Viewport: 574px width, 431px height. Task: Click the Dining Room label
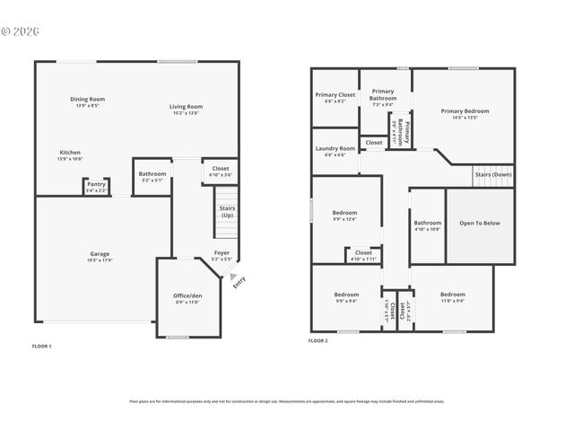[x=88, y=99]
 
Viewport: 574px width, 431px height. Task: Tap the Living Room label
[x=186, y=107]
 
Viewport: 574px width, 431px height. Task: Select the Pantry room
[x=96, y=186]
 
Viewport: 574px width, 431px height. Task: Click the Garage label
[x=100, y=253]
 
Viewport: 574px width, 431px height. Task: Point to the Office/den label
[x=187, y=295]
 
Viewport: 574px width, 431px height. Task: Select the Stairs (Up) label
[x=227, y=212]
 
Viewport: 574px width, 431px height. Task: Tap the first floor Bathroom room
[x=152, y=176]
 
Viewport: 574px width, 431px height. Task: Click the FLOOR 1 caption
[x=42, y=346]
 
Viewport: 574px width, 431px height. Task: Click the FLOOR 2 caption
[x=318, y=341]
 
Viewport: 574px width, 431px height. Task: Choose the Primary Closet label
[x=335, y=94]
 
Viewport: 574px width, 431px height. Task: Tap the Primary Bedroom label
[x=465, y=111]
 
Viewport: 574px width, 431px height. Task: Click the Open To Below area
[x=480, y=223]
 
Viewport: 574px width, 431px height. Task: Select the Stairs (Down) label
[x=493, y=174]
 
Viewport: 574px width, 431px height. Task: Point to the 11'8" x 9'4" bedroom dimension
[x=452, y=301]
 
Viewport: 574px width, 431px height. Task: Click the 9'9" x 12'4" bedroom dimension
[x=345, y=219]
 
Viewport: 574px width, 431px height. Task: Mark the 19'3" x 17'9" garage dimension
[x=100, y=260]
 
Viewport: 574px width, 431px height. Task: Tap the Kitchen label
[x=70, y=153]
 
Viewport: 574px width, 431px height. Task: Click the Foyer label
[x=221, y=253]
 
